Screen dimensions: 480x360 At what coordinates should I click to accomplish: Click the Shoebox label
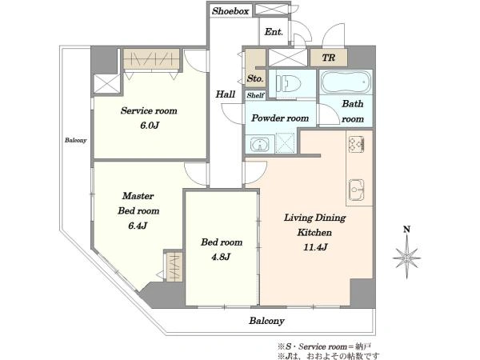pyautogui.click(x=230, y=11)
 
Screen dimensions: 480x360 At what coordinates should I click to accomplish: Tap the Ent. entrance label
pyautogui.click(x=274, y=31)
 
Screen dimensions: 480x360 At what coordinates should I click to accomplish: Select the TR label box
pyautogui.click(x=329, y=58)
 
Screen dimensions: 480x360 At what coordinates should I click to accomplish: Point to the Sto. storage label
pyautogui.click(x=255, y=78)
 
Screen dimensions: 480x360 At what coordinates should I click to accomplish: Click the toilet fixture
pyautogui.click(x=288, y=82)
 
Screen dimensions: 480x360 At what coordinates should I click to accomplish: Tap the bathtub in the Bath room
pyautogui.click(x=346, y=82)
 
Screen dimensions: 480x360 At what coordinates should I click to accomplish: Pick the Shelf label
pyautogui.click(x=255, y=95)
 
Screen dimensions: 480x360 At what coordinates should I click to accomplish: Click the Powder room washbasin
pyautogui.click(x=260, y=144)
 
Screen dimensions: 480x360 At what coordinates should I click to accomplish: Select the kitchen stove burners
pyautogui.click(x=356, y=143)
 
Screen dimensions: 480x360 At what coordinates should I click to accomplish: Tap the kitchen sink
pyautogui.click(x=356, y=190)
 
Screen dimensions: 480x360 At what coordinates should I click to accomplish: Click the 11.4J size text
pyautogui.click(x=315, y=247)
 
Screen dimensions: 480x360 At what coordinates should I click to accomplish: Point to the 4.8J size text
pyautogui.click(x=221, y=257)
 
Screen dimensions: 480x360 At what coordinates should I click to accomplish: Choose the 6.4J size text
pyautogui.click(x=138, y=226)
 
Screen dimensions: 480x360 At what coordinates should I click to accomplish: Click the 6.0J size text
pyautogui.click(x=150, y=126)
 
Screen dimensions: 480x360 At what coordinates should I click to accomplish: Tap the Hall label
pyautogui.click(x=226, y=94)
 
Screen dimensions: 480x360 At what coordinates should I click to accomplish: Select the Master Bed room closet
pyautogui.click(x=174, y=266)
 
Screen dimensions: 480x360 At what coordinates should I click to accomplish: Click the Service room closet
pyautogui.click(x=151, y=58)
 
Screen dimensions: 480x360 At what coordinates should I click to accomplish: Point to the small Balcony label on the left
pyautogui.click(x=76, y=140)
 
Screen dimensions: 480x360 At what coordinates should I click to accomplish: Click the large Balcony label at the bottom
pyautogui.click(x=266, y=321)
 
